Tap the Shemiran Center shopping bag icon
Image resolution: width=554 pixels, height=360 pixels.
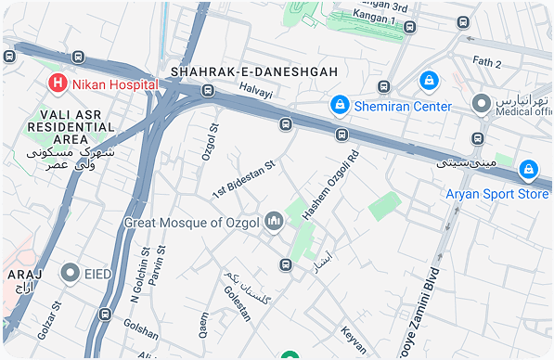tap(341, 106)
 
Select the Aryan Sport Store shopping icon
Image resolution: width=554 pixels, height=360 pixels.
tap(528, 170)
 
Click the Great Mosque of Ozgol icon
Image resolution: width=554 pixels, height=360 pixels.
tap(274, 222)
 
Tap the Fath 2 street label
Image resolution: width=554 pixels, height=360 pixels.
tap(486, 63)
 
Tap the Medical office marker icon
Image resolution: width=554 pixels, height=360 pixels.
tap(481, 103)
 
